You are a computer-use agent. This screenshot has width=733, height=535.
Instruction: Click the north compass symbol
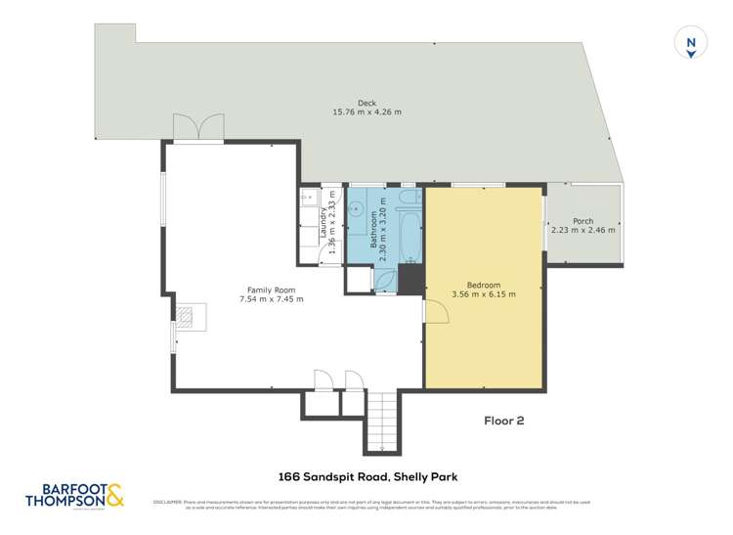pyautogui.click(x=691, y=44)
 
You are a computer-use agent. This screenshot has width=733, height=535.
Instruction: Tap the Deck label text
pyautogui.click(x=367, y=103)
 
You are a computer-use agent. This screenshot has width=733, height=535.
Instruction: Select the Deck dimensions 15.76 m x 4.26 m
pyautogui.click(x=367, y=112)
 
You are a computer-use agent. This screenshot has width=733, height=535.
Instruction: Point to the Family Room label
pyautogui.click(x=271, y=290)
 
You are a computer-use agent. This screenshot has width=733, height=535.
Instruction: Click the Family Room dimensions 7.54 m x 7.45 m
pyautogui.click(x=271, y=299)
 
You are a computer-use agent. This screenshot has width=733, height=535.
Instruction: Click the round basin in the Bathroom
pyautogui.click(x=358, y=208)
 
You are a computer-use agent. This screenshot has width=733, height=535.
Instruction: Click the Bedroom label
pyautogui.click(x=484, y=283)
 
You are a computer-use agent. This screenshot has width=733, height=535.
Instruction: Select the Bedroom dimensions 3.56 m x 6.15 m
pyautogui.click(x=484, y=293)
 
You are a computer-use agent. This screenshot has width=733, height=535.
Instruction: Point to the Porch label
pyautogui.click(x=583, y=220)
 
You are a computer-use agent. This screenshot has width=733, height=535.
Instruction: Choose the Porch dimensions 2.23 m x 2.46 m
pyautogui.click(x=583, y=231)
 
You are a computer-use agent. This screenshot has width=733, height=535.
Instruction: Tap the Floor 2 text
pyautogui.click(x=504, y=421)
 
